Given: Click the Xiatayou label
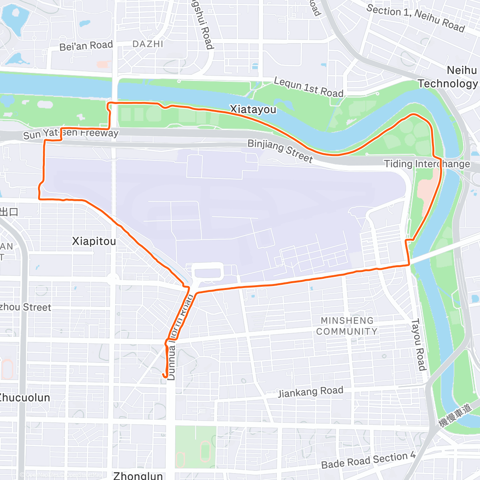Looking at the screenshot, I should coord(253,109).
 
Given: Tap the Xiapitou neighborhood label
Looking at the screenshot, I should coord(94,241).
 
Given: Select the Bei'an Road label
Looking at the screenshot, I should coord(86,46).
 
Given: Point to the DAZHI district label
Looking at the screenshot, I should coord(148,44).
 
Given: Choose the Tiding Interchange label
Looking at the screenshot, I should coord(427,164).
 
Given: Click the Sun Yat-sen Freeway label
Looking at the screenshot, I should coord(71,134).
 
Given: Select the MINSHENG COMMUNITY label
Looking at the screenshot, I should coord(347,326).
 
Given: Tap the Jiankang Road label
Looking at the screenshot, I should coord(310,392).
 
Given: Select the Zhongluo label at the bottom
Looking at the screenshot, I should coord(138,476).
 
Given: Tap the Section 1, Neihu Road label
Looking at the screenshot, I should coord(415,18).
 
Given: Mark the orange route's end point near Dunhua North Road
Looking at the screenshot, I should coord(165,376).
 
